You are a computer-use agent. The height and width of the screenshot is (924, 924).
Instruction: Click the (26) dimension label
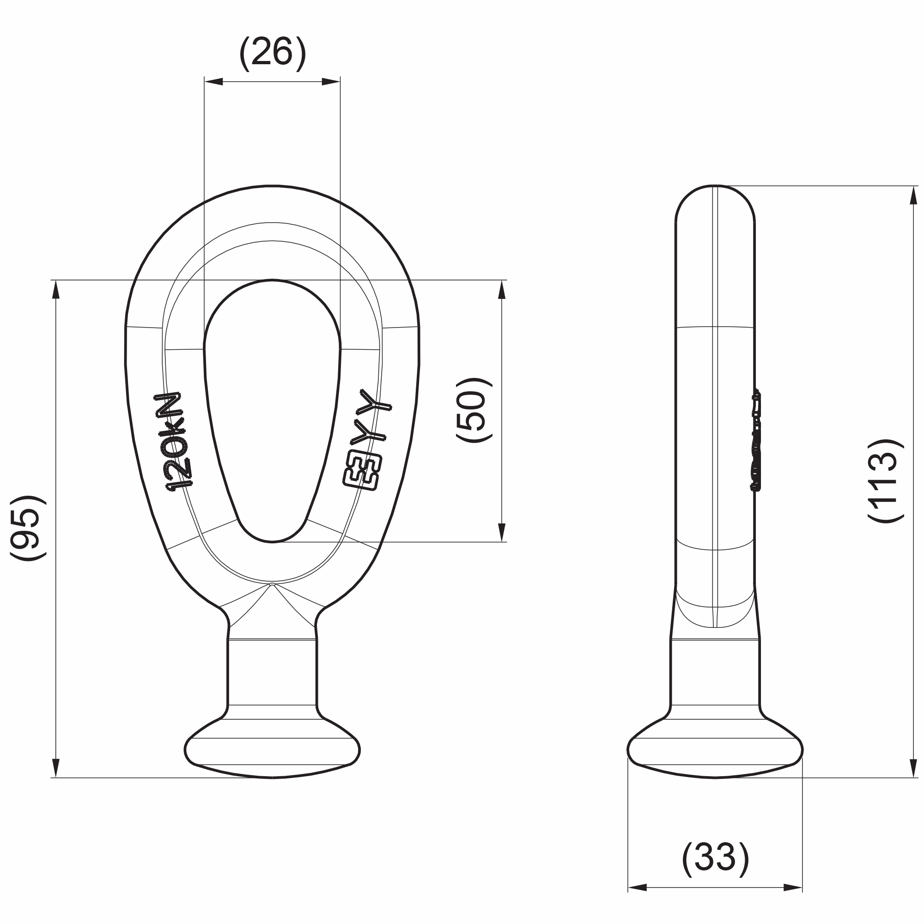pos(272,53)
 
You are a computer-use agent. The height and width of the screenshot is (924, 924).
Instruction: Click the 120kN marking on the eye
pos(175,441)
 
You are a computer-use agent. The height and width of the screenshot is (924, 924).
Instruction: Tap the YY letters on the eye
pos(375,417)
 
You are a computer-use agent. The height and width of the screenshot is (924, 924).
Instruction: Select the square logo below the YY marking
pos(363,472)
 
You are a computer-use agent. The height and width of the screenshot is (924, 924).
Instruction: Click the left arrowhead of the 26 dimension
pos(213,82)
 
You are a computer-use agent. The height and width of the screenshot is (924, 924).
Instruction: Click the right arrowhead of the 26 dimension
pos(331,82)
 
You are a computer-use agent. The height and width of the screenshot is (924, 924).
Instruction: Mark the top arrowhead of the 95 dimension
pos(56,290)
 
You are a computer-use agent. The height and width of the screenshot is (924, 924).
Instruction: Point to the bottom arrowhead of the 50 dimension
pos(502,532)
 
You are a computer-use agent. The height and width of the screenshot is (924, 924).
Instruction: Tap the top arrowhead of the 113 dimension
pos(913,195)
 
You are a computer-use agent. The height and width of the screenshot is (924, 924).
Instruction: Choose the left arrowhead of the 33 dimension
pos(637,888)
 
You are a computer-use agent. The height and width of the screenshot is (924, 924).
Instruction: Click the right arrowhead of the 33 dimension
pos(793,888)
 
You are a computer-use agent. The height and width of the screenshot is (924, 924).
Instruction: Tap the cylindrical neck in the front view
pos(272,672)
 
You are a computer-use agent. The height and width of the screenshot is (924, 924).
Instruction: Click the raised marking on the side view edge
pos(756,440)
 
